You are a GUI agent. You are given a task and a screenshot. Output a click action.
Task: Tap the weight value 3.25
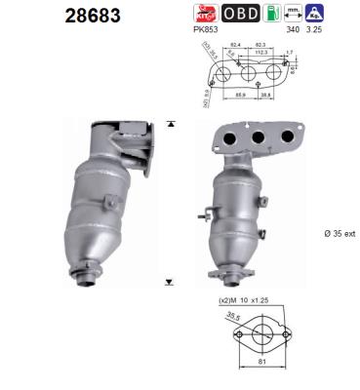pyautogui.click(x=341, y=31)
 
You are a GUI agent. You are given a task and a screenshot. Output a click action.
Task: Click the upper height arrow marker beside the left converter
pyautogui.click(x=170, y=124)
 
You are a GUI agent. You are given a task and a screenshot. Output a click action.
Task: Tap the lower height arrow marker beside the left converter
pyautogui.click(x=170, y=282)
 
